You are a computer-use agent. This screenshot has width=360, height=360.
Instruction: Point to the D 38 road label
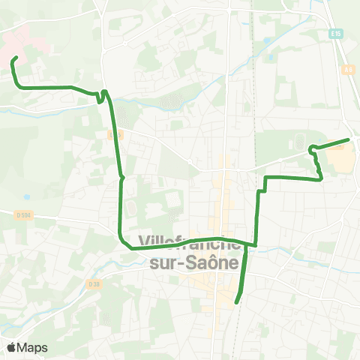(x=94, y=284)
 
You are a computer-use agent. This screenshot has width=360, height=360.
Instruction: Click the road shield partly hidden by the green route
(x=115, y=135)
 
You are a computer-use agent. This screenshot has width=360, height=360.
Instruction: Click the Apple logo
(x=12, y=347)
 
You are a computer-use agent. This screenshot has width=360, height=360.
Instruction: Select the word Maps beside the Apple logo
(x=33, y=347)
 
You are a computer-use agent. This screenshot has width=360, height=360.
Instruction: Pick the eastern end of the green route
(x=348, y=139)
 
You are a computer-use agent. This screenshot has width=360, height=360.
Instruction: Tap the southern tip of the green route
(x=236, y=301)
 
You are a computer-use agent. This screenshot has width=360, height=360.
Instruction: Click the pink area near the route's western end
(x=19, y=34)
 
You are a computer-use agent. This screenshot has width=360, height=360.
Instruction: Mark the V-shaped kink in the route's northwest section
(x=101, y=96)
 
